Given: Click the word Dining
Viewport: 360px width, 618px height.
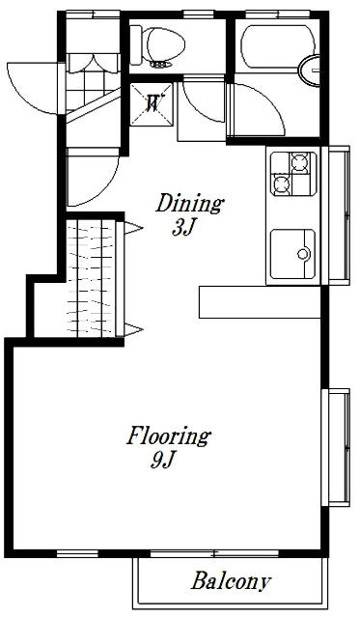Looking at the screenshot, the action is (x=190, y=204).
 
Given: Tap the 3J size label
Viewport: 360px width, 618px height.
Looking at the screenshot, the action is (x=184, y=228).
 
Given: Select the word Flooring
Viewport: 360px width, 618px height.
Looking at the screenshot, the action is (x=169, y=436).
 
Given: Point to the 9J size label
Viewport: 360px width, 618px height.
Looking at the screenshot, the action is (x=162, y=460).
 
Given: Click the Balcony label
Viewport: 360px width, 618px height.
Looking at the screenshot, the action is (x=232, y=580).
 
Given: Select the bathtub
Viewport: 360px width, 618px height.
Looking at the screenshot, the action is (x=278, y=46).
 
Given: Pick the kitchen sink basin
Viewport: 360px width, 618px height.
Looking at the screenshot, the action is (x=292, y=254).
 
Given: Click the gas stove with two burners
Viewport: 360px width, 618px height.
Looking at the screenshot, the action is (x=293, y=174).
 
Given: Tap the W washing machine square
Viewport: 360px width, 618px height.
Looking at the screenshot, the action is (x=152, y=104).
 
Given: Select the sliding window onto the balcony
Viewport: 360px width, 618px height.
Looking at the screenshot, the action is (x=214, y=553).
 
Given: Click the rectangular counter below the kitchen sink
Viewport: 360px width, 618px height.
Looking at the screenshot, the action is (x=260, y=302).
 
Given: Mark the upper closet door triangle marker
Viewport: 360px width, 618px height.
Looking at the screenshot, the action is (x=133, y=228).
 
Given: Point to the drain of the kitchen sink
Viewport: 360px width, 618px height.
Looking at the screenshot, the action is (x=304, y=254).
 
